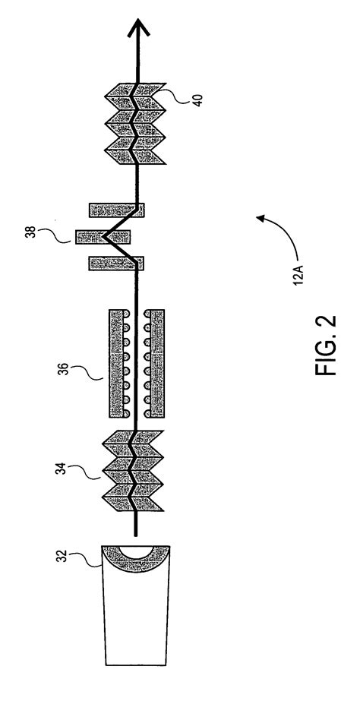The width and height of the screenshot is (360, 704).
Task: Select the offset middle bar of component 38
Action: (103, 237)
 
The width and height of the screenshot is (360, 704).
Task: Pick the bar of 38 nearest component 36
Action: (116, 264)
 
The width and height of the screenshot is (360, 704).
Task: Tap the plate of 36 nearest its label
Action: (115, 363)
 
